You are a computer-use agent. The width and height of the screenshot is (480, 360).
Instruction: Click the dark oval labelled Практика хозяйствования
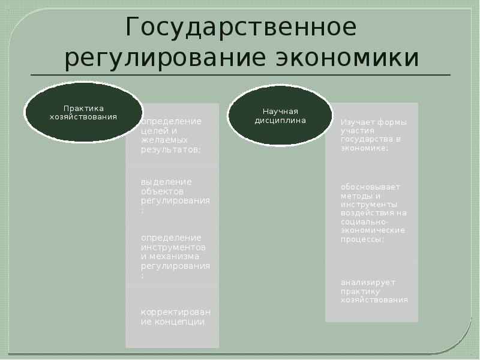[83, 112]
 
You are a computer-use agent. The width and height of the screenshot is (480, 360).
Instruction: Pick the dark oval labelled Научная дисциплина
[280, 115]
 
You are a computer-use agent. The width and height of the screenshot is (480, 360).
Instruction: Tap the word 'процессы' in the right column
[362, 239]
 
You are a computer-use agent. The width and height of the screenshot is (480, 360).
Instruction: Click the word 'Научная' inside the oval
[280, 111]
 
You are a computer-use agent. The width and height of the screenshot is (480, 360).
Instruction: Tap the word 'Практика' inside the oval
[83, 108]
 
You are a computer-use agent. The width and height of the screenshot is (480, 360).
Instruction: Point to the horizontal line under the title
[240, 75]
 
